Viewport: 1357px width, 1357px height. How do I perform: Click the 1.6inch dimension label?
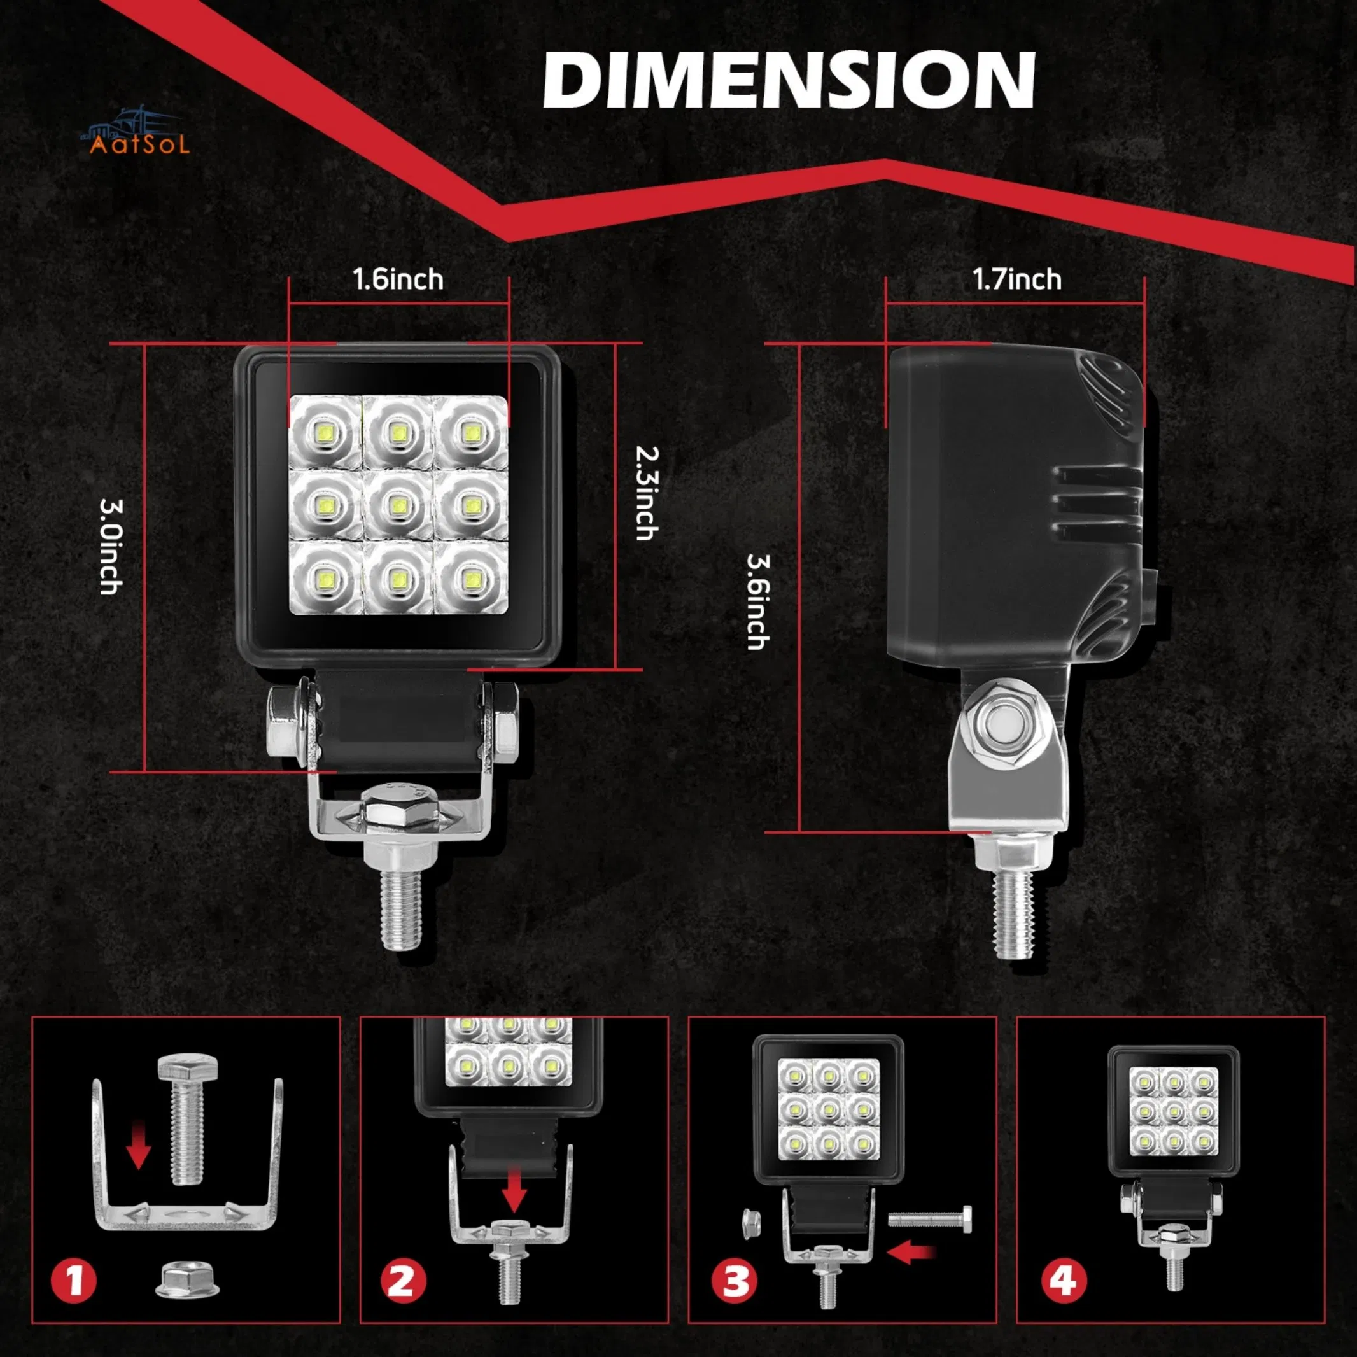[x=398, y=279]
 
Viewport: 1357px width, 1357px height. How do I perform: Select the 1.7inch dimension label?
[x=1016, y=279]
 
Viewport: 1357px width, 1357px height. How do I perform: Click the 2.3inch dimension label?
[x=646, y=493]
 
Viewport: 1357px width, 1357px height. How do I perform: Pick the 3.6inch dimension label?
[x=758, y=602]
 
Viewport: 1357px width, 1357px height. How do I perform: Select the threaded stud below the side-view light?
[x=1014, y=917]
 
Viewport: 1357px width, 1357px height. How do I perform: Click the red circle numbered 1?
[x=74, y=1280]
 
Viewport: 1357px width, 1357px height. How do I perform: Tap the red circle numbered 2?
[x=402, y=1280]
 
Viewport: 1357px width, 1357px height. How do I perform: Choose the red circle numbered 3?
[x=735, y=1280]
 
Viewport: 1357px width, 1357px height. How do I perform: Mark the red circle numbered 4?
[x=1064, y=1280]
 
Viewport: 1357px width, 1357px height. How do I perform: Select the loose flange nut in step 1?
[x=186, y=1277]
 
